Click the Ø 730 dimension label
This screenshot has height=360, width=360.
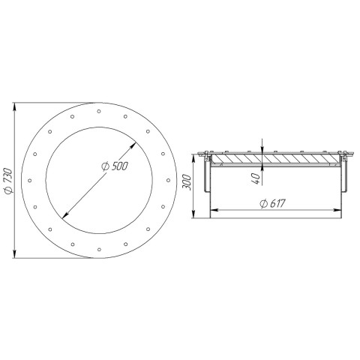(x=8, y=181)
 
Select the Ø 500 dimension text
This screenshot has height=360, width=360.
(x=115, y=166)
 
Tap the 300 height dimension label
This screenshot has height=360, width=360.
(x=187, y=182)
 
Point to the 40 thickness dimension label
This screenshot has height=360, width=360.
(x=256, y=178)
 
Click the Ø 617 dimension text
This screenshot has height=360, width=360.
(x=272, y=203)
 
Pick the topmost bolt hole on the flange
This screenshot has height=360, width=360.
(x=99, y=111)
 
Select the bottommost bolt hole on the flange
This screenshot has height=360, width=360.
(x=99, y=249)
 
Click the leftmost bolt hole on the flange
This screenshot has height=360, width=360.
(x=30, y=180)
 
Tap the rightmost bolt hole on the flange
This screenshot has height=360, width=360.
(x=168, y=180)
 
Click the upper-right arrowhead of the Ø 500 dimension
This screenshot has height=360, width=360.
(x=133, y=145)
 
